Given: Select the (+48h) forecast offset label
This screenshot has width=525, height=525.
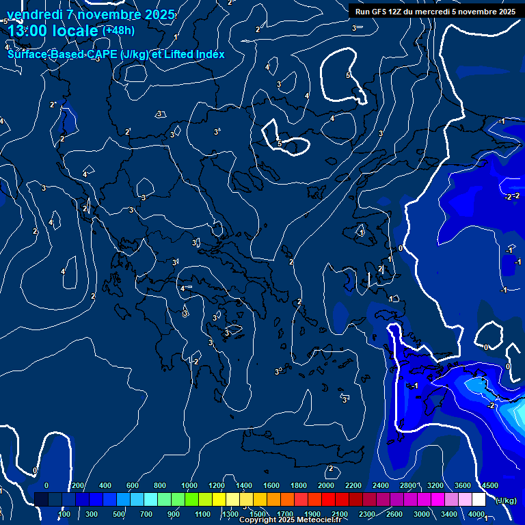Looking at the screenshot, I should (118, 30).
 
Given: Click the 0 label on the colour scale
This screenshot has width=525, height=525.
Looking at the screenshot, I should (46, 485).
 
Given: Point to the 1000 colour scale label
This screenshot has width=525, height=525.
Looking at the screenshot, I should (189, 485).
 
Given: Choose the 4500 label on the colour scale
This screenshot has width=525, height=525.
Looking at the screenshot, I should (489, 485).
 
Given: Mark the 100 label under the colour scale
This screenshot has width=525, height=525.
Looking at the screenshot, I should (65, 514).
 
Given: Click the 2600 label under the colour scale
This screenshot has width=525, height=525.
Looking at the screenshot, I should (395, 514).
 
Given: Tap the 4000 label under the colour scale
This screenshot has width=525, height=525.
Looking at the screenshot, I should (476, 514).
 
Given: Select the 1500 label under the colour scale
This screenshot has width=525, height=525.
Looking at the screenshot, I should (258, 514).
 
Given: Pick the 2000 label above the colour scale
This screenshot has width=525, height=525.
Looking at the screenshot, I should (326, 485).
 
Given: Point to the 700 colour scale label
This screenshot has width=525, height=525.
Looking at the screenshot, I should (146, 514).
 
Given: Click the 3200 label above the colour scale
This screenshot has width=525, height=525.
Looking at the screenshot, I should (435, 485).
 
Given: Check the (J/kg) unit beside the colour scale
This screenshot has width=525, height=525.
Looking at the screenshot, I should (506, 500).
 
